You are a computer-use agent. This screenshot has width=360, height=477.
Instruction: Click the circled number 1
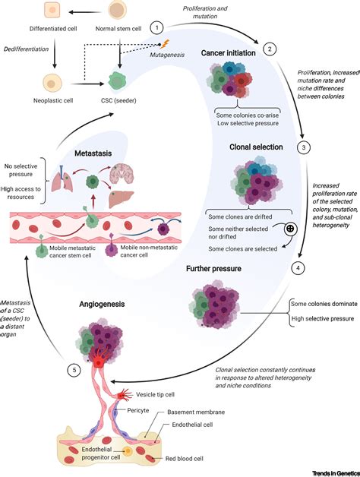point(157,27)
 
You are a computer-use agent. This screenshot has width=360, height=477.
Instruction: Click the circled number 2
point(269,50)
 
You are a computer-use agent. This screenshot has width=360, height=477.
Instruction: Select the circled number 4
point(298,267)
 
